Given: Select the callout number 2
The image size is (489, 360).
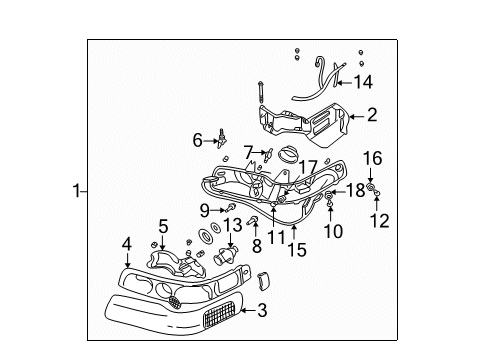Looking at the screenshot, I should click(x=371, y=115).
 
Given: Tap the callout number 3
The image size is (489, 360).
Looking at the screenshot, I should click(x=262, y=312).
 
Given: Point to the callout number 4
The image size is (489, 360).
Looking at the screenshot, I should click(x=126, y=242).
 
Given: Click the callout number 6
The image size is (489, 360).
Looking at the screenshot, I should click(x=197, y=141).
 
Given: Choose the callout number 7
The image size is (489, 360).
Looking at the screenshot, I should click(x=248, y=151).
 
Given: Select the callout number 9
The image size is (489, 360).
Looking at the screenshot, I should click(x=203, y=210).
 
